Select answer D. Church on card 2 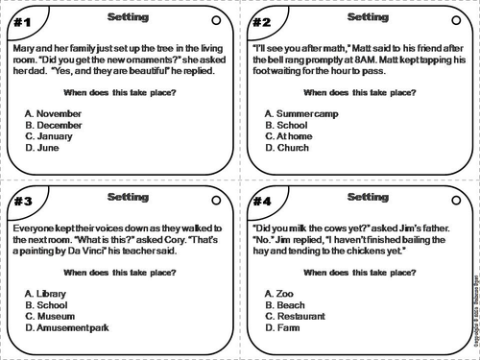287,149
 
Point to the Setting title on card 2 367,17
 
